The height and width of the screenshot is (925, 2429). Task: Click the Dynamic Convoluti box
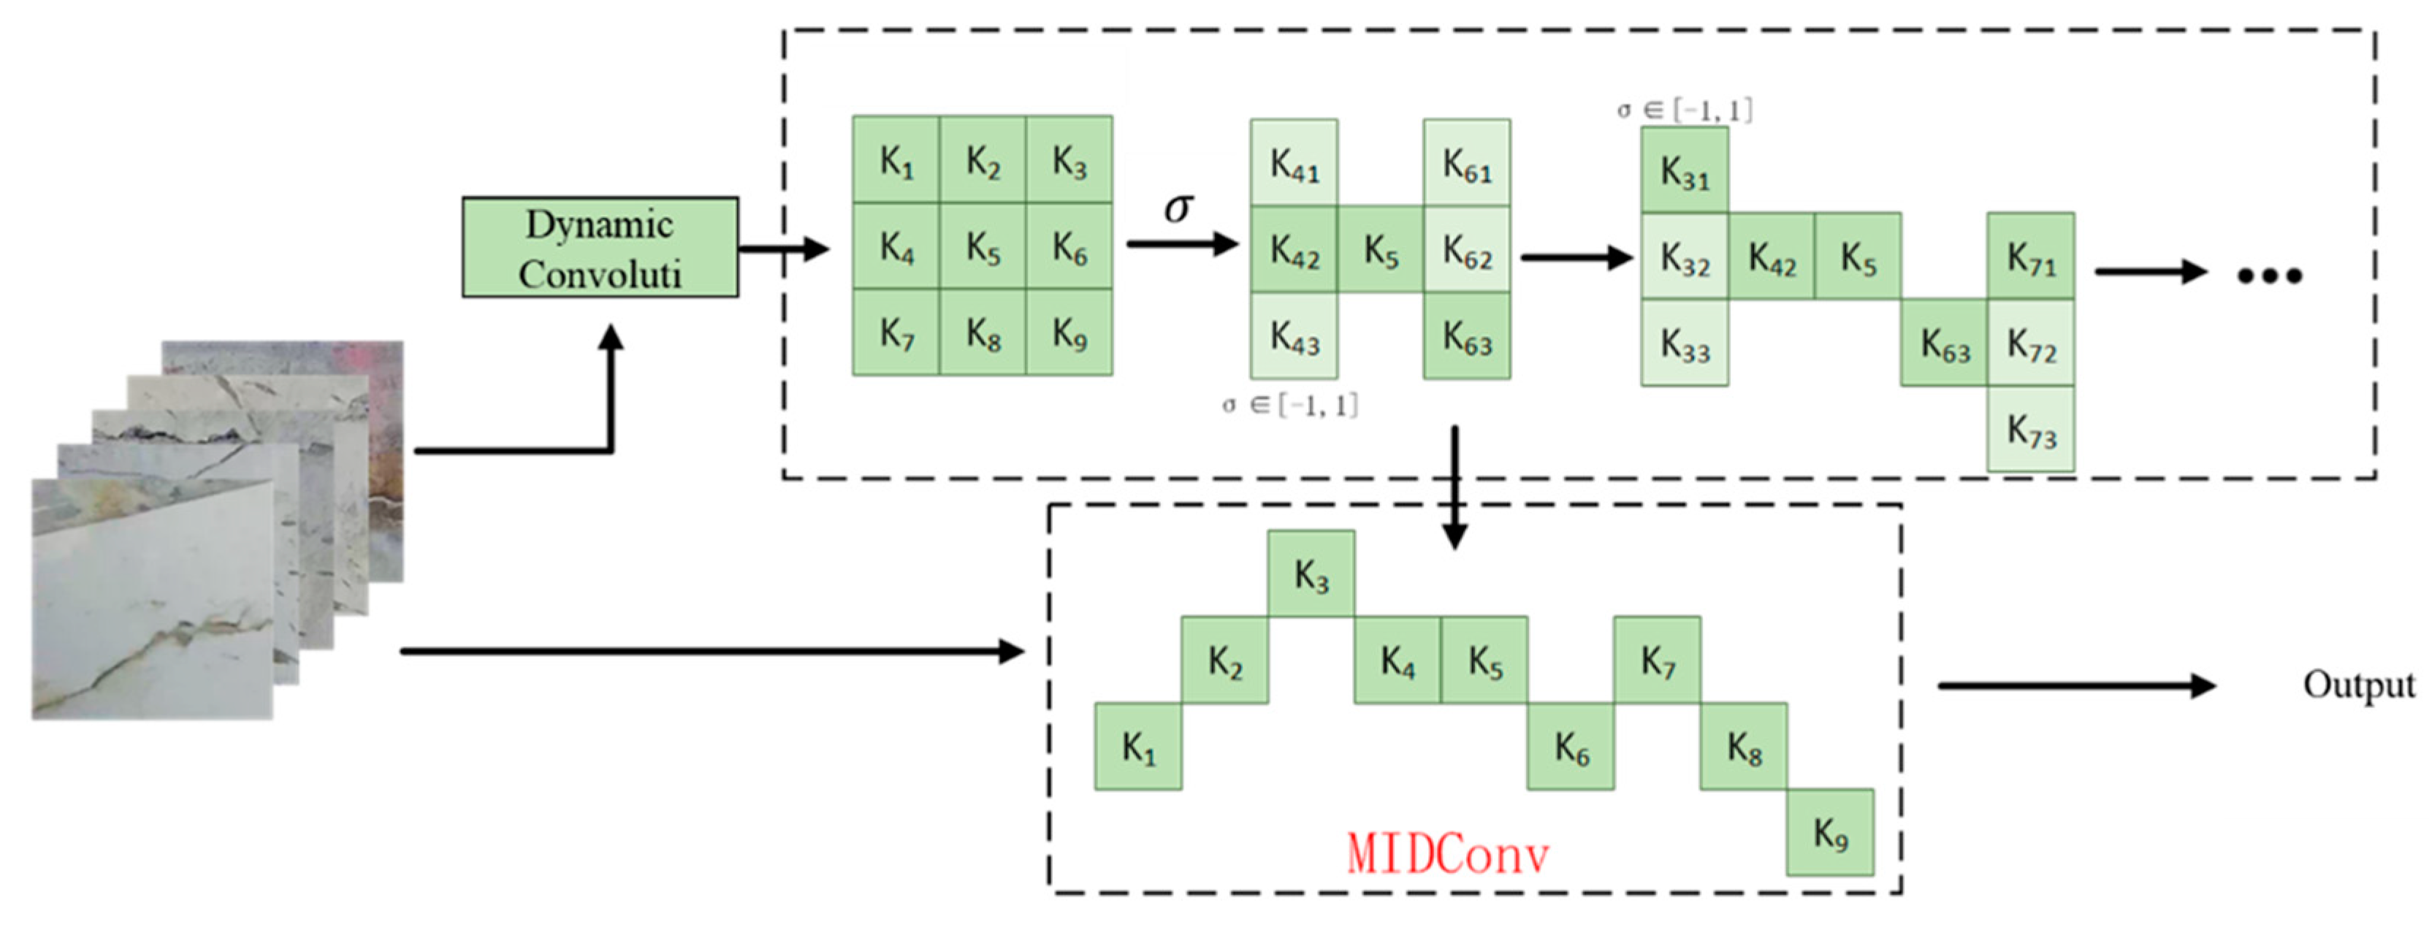[x=600, y=247]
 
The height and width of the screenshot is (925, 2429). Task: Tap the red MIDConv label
[x=1446, y=854]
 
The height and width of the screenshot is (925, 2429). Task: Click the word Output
[x=2357, y=685]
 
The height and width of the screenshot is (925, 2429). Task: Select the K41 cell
[x=1294, y=162]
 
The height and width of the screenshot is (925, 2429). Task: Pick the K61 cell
[x=1466, y=162]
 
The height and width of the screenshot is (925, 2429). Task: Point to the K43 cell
[x=1294, y=335]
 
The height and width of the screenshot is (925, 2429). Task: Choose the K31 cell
[x=1684, y=171]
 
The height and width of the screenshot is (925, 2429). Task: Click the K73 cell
[x=2030, y=429]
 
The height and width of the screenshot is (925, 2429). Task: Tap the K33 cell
[x=1684, y=343]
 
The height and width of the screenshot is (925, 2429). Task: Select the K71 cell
[x=2030, y=256]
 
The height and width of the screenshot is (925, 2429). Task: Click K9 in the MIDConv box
[x=1829, y=833]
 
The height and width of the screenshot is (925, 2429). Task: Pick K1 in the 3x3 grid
[x=896, y=160]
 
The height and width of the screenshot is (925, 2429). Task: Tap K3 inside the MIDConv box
[x=1311, y=574]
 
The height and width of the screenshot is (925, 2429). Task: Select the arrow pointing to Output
[x=2075, y=685]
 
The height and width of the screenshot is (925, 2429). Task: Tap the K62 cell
[x=1466, y=250]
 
